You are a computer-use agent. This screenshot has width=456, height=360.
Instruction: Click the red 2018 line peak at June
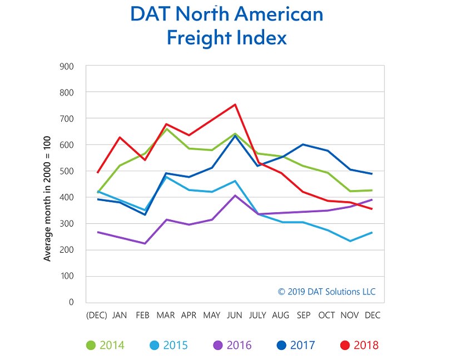tap(235, 104)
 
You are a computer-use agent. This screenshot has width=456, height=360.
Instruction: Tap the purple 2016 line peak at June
tap(235, 195)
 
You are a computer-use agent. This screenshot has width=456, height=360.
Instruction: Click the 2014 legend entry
tap(106, 345)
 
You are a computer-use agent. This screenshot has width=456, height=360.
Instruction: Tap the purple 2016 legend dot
tap(218, 345)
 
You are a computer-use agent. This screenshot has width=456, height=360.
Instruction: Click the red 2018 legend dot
tap(345, 345)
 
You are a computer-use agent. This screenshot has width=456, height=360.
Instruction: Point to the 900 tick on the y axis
tap(67, 66)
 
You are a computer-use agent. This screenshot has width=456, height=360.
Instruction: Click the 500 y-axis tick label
tap(67, 171)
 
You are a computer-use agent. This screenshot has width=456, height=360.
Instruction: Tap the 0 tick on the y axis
tap(71, 302)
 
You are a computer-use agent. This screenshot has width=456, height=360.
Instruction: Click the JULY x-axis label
tap(257, 315)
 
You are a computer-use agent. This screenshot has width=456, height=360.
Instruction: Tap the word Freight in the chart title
tap(197, 38)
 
